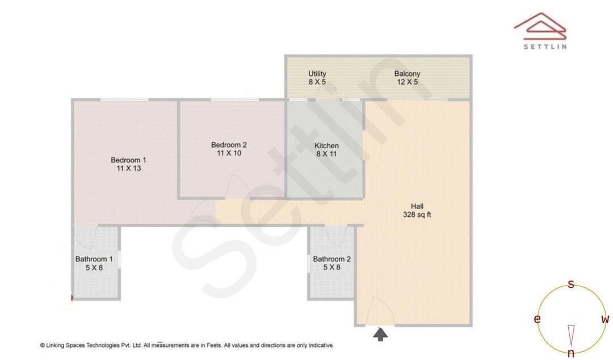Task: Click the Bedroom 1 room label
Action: click(x=128, y=160)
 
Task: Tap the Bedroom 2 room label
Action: click(x=229, y=145)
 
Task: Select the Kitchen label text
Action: click(x=326, y=145)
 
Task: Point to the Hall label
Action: click(x=417, y=206)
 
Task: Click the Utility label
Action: click(x=317, y=74)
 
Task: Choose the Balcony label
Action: click(x=407, y=74)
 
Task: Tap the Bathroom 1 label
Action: click(x=94, y=259)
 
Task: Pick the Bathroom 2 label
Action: click(x=331, y=259)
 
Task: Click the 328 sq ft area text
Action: click(x=417, y=215)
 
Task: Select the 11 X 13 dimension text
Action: click(x=129, y=168)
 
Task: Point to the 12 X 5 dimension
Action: click(x=408, y=82)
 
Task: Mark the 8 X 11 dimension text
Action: click(x=326, y=154)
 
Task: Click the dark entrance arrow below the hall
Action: click(x=380, y=334)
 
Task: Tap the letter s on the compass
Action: click(x=571, y=284)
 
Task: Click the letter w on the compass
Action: click(x=605, y=319)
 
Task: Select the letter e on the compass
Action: click(x=537, y=319)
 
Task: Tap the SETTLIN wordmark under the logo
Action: click(x=545, y=47)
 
